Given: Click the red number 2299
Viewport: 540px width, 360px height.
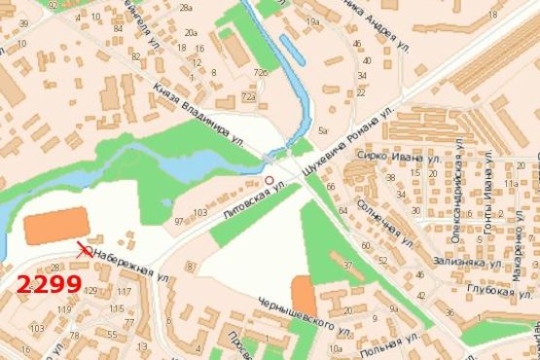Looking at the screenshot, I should (x=49, y=285).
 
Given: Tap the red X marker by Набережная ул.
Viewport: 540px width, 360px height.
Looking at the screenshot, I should (x=85, y=250).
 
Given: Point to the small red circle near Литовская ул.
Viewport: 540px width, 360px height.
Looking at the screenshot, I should (x=270, y=181).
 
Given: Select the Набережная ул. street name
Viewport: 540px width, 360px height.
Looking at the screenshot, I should (x=123, y=264).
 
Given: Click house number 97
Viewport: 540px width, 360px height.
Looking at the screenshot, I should (x=179, y=223).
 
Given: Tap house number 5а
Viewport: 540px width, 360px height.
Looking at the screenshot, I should (x=323, y=128).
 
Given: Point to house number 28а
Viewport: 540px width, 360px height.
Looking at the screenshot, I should (x=185, y=8).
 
